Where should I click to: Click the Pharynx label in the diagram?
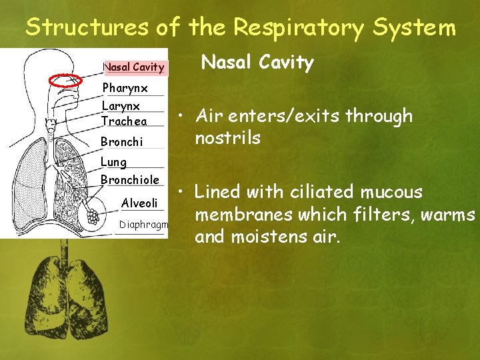pyautogui.click(x=124, y=88)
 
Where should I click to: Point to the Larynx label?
pyautogui.click(x=121, y=106)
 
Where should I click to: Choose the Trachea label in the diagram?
pyautogui.click(x=123, y=121)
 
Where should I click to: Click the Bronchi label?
pyautogui.click(x=121, y=142)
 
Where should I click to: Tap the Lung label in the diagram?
pyautogui.click(x=113, y=162)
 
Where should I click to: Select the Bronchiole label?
pyautogui.click(x=130, y=180)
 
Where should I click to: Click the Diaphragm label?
pyautogui.click(x=143, y=225)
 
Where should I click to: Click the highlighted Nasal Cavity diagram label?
pyautogui.click(x=133, y=67)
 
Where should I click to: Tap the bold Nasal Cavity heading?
pyautogui.click(x=257, y=63)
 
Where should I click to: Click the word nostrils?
pyautogui.click(x=227, y=139)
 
